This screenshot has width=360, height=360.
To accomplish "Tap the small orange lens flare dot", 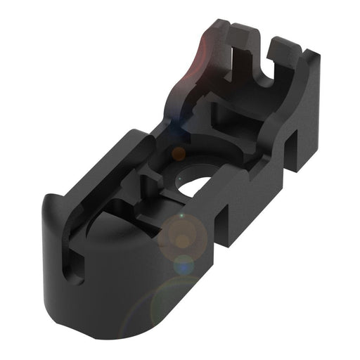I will (179, 153).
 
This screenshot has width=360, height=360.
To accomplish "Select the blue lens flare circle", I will (184, 264).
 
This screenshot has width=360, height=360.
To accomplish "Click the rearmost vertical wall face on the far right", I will (309, 120).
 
